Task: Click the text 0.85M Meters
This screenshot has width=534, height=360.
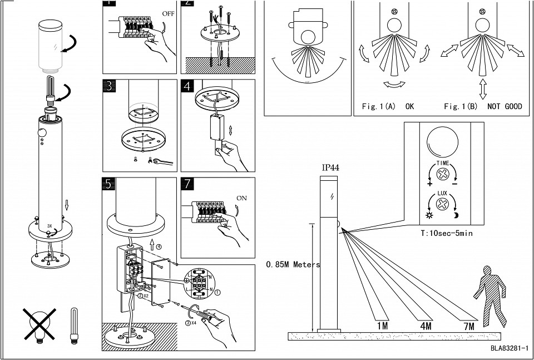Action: point(294,265)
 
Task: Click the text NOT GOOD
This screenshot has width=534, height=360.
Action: point(505,106)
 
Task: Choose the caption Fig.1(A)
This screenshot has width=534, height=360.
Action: point(378,106)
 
